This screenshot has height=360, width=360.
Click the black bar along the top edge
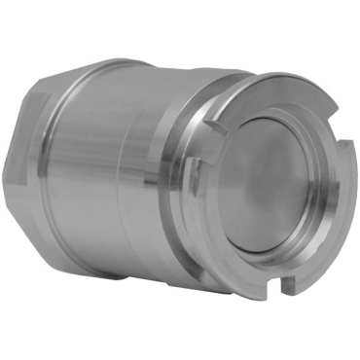(x=180, y=27)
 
